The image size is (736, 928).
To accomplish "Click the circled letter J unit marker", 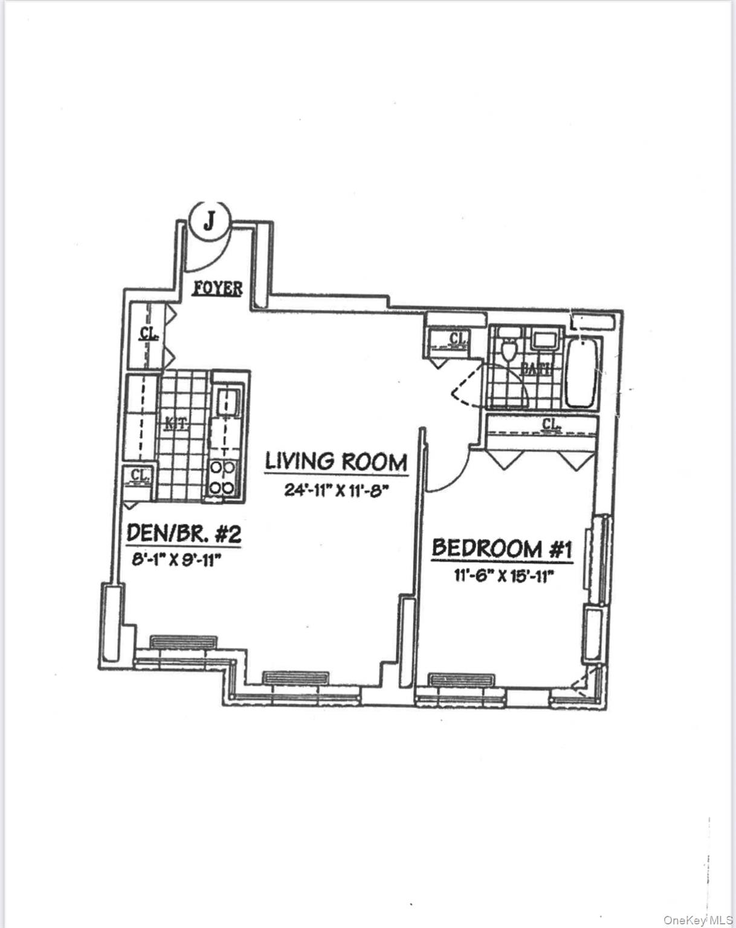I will [x=209, y=221].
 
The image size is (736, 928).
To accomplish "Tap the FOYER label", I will [x=218, y=289].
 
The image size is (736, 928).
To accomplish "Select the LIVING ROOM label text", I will [x=335, y=462].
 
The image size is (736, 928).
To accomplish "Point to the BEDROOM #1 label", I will [x=502, y=549].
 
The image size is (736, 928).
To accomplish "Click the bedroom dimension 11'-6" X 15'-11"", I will [x=502, y=575].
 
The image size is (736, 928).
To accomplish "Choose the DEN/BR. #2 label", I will [x=184, y=533].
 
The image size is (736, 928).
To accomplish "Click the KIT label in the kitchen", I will [x=176, y=425].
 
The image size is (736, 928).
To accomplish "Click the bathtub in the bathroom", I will [x=581, y=373].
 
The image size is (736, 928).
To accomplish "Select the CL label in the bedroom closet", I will [x=550, y=425].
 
